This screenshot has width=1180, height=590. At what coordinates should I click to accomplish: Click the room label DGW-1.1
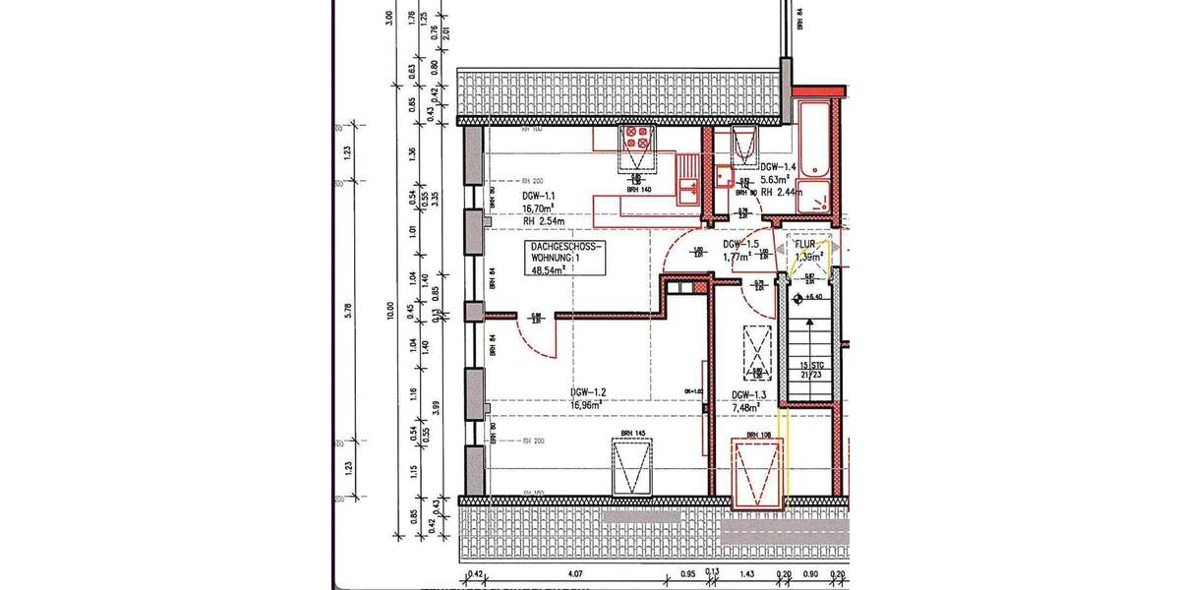pos(539,196)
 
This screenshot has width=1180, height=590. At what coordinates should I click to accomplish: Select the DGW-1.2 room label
pos(586,391)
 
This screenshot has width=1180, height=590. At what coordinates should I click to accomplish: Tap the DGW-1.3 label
pos(748,396)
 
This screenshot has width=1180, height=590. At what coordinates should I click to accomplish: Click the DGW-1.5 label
pos(738,245)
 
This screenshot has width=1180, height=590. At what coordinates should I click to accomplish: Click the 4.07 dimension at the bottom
pos(576,573)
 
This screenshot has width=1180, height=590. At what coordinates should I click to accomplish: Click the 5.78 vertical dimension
pos(347,311)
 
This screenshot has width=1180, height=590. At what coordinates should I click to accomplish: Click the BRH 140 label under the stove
pos(640,190)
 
